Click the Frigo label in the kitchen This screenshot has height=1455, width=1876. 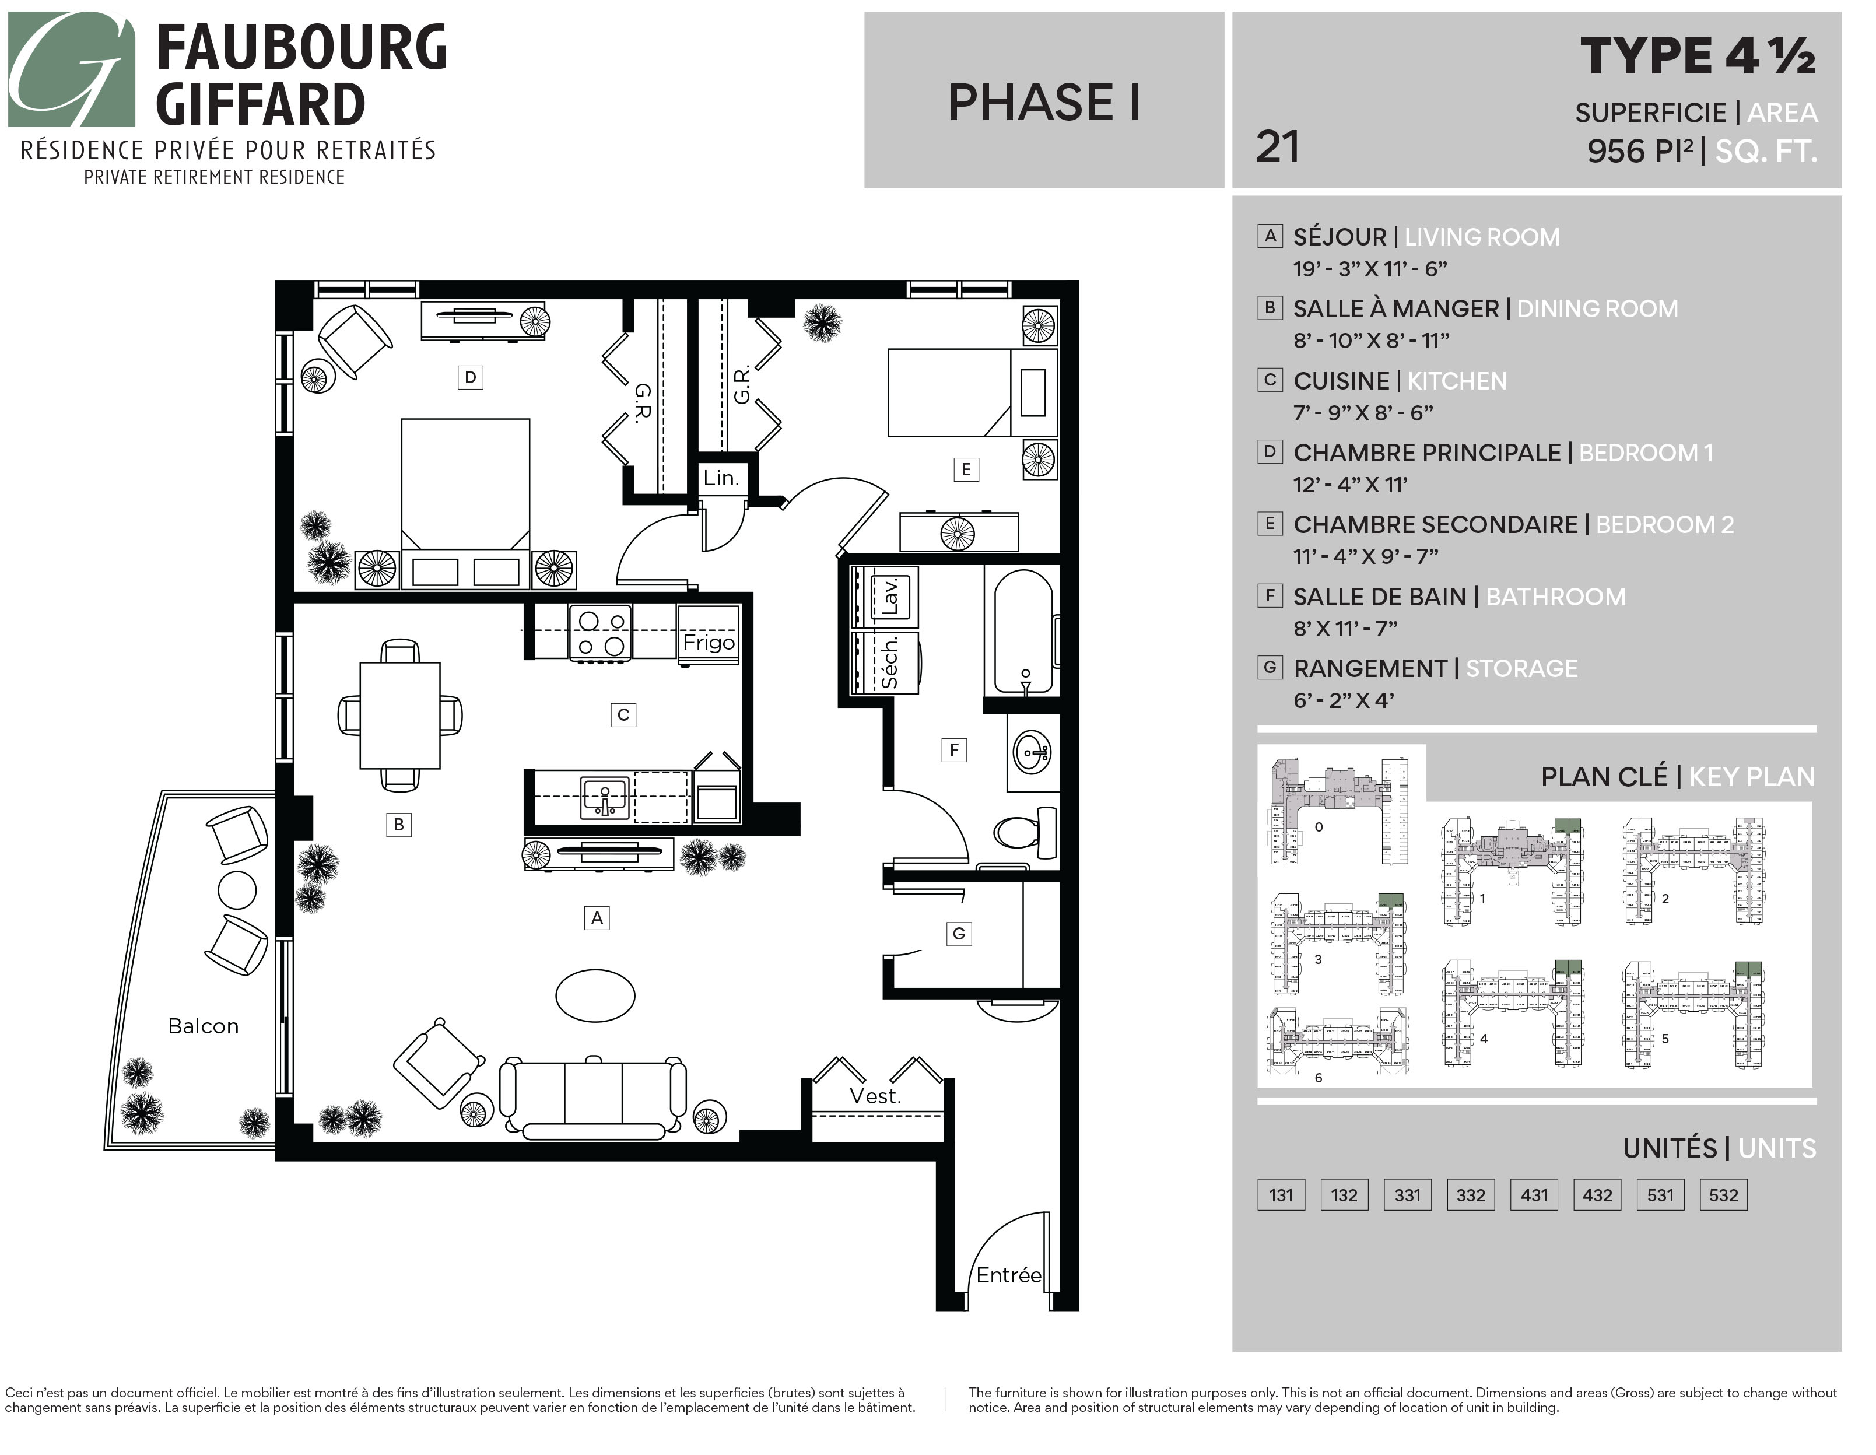709,643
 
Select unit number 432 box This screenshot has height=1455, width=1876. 1597,1195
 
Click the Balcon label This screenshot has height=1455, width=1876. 203,1026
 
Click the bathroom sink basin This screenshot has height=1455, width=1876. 1033,753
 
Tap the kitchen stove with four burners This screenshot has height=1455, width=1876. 601,633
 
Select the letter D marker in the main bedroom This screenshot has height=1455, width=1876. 470,377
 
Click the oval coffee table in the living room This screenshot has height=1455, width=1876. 595,995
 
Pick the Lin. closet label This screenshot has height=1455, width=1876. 721,478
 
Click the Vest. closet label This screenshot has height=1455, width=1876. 875,1097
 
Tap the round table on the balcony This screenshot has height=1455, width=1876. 237,890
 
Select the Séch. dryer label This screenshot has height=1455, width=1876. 890,662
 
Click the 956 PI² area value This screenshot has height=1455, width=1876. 1640,151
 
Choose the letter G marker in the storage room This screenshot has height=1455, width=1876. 959,934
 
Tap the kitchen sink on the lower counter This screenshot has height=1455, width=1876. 605,797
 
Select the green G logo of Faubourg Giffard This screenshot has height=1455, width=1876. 71,69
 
